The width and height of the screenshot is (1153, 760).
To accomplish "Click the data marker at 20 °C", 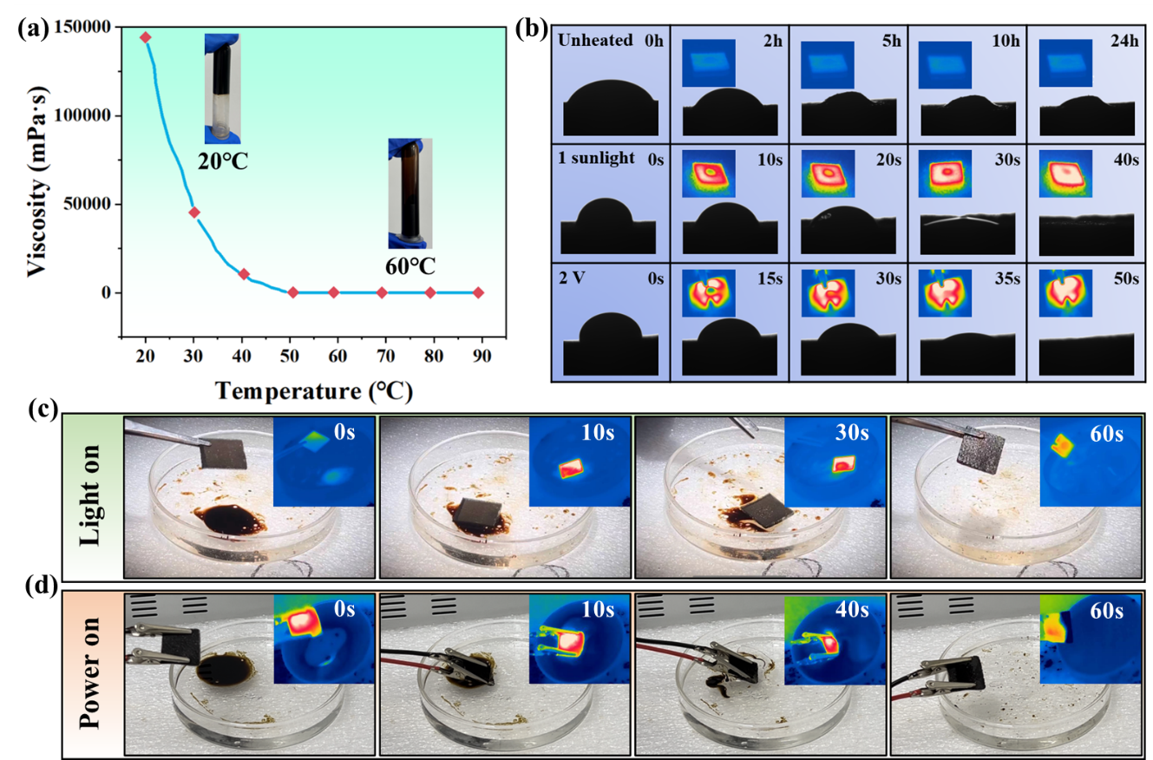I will tap(146, 37).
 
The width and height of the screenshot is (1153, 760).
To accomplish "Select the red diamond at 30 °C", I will tap(194, 213).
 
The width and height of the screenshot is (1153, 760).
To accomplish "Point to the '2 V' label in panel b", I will tap(577, 278).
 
